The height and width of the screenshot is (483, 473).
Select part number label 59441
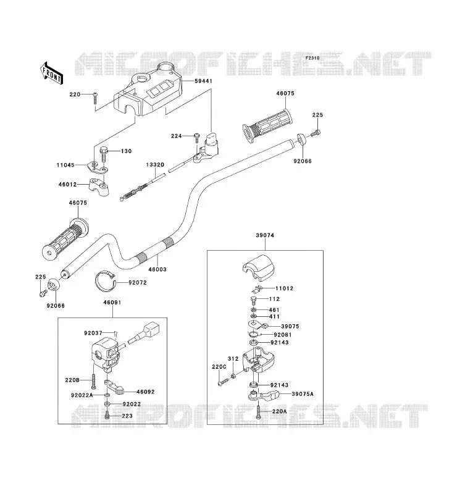click(x=203, y=81)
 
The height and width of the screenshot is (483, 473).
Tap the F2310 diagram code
click(x=312, y=58)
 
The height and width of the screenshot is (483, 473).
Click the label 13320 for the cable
click(x=155, y=165)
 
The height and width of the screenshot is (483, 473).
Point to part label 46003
click(x=157, y=269)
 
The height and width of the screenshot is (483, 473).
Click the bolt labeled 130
click(x=103, y=155)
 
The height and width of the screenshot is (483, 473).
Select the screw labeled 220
click(x=95, y=98)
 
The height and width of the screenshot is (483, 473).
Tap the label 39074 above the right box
click(x=265, y=235)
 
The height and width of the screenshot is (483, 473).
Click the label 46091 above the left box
click(x=112, y=303)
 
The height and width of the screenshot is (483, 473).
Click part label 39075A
click(x=303, y=394)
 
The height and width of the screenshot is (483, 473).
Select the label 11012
click(x=284, y=288)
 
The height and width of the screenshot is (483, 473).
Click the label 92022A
click(x=82, y=395)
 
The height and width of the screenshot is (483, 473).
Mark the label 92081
click(x=283, y=335)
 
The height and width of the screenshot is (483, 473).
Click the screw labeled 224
click(x=197, y=137)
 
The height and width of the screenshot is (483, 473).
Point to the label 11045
click(x=65, y=165)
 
